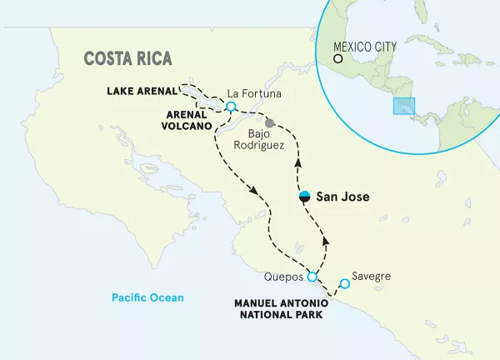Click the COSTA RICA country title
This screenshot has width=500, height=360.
pyautogui.click(x=127, y=58)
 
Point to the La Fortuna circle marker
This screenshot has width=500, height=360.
pyautogui.click(x=231, y=106)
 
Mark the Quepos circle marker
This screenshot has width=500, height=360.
pyautogui.click(x=312, y=277)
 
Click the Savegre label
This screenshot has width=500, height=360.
pyautogui.click(x=372, y=276)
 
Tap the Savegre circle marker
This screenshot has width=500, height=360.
pyautogui.click(x=345, y=284)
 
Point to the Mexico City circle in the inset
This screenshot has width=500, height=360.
pyautogui.click(x=338, y=58)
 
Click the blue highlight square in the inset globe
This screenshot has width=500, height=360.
pyautogui.click(x=405, y=107)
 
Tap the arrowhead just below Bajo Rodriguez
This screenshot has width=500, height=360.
pyautogui.click(x=298, y=166)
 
